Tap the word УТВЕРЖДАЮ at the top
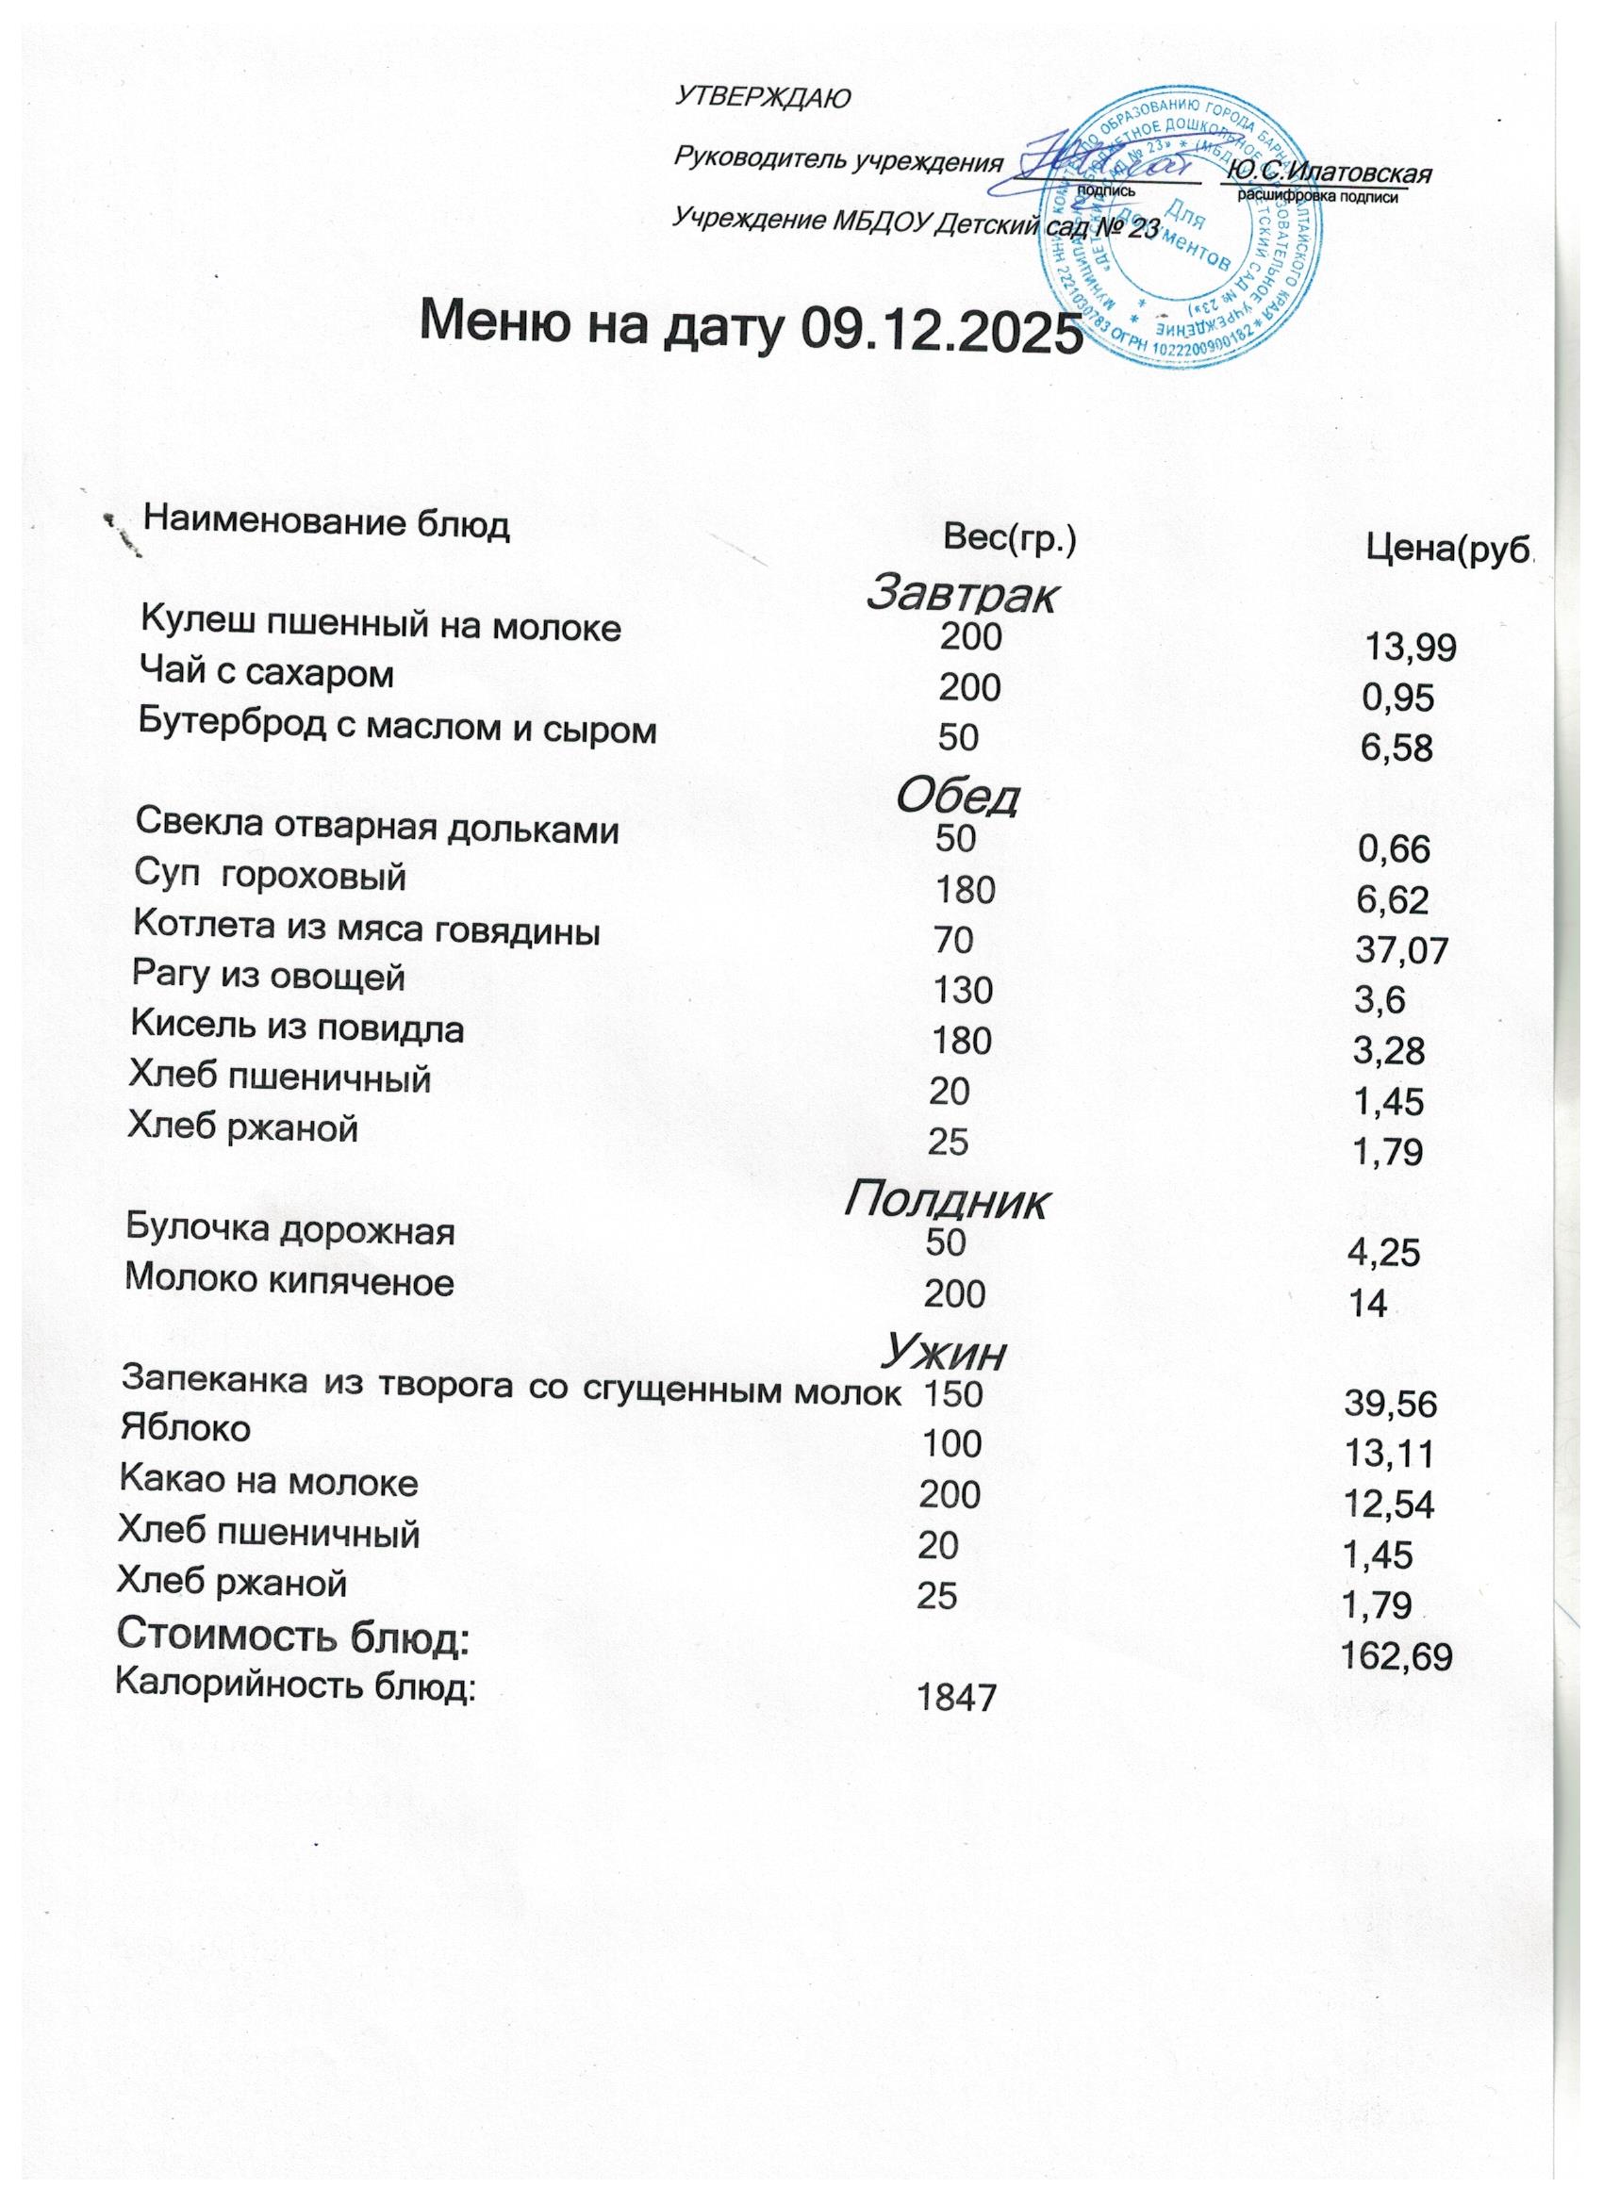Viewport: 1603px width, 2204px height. pos(763,97)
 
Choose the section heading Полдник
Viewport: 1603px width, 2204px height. pos(946,1203)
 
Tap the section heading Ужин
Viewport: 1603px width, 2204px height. pos(943,1352)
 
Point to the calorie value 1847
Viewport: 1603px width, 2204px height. pos(957,1698)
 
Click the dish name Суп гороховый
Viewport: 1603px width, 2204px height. pos(270,878)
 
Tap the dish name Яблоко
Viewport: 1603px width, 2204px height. pos(185,1428)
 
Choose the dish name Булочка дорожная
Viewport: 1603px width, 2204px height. pos(290,1231)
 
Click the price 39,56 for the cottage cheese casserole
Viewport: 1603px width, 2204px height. pos(1390,1404)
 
